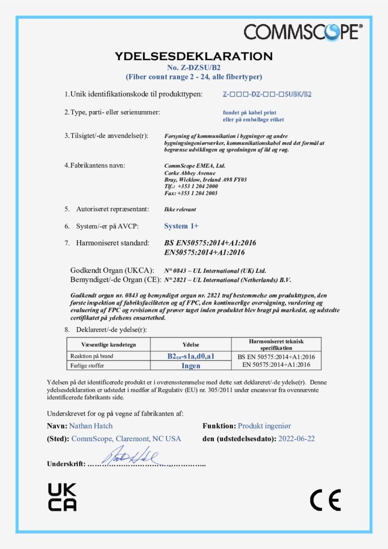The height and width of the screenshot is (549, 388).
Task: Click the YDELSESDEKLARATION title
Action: [193, 56]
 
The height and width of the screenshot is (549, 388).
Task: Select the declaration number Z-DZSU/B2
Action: [193, 68]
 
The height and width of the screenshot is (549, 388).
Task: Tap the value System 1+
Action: [181, 226]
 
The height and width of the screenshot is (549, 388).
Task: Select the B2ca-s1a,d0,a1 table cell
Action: [191, 356]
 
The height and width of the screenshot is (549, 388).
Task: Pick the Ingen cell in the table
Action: [191, 366]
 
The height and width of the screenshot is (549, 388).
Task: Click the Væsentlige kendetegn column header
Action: [108, 344]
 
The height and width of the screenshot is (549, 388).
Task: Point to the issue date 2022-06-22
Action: [296, 439]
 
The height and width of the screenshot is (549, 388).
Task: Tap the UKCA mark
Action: [62, 497]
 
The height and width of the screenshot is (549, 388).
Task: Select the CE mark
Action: [325, 500]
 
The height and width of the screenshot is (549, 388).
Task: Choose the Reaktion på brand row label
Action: [91, 356]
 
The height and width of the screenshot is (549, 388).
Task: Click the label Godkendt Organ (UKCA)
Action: [113, 270]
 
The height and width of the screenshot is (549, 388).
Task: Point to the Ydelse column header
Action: [191, 344]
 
